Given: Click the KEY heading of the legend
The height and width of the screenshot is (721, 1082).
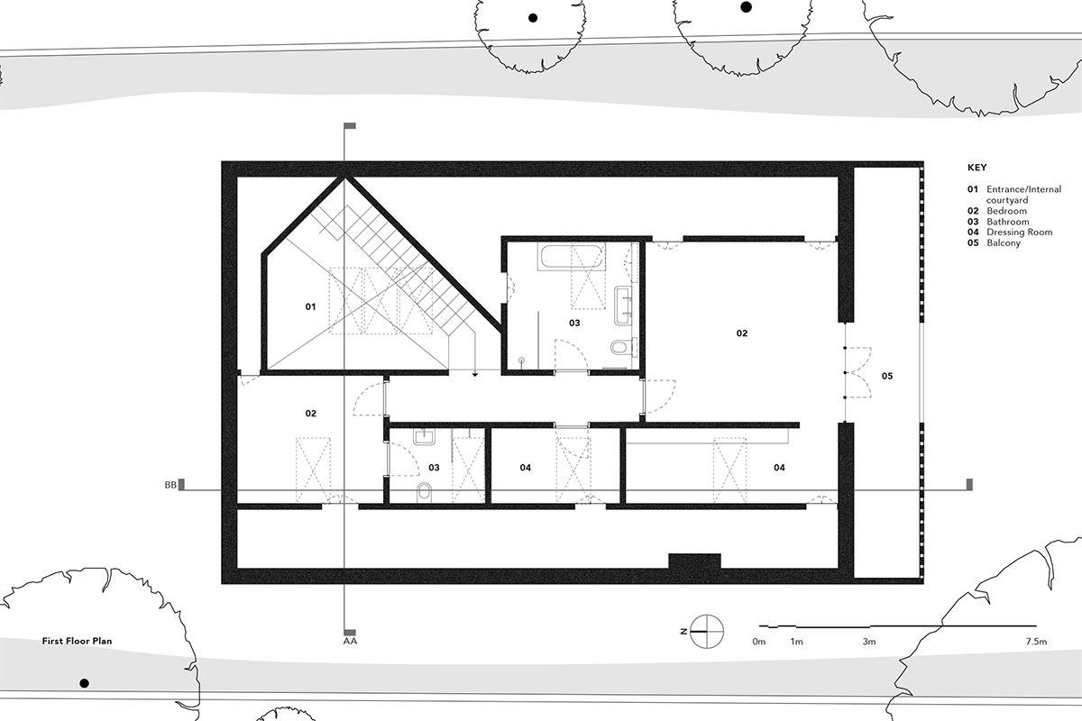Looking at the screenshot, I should click(977, 168).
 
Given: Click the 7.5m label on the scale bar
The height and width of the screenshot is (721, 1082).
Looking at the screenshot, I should click(1036, 643).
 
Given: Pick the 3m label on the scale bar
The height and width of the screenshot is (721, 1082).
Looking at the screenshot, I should click(868, 643).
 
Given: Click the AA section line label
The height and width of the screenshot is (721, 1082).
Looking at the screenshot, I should click(350, 643).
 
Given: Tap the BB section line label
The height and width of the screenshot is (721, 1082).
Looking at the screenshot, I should click(170, 486).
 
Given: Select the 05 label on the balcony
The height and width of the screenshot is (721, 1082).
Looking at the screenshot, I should click(886, 375).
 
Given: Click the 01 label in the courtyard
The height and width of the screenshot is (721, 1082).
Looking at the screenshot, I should click(310, 307).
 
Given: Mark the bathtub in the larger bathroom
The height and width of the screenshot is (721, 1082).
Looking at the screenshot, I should click(558, 257).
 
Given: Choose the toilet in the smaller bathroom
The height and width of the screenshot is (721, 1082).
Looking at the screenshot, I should click(425, 490).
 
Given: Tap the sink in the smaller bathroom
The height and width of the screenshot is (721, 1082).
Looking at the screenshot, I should click(426, 437).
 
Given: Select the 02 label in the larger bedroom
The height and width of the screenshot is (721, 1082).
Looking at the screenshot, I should click(741, 333).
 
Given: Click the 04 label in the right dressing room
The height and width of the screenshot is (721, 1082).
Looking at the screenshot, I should click(779, 468).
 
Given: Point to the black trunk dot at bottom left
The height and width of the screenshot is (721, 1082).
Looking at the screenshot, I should click(84, 683).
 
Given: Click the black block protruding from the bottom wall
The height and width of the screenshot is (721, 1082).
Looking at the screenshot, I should click(693, 561).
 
